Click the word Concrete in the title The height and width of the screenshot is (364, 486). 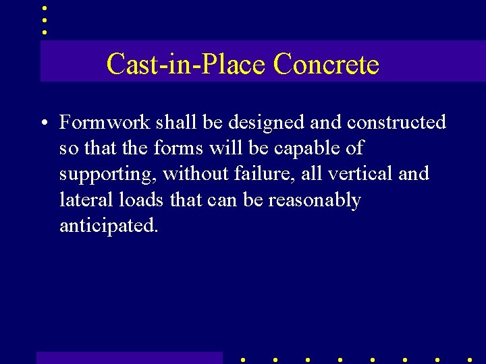pyautogui.click(x=326, y=65)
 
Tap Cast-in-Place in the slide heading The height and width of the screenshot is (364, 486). pyautogui.click(x=187, y=65)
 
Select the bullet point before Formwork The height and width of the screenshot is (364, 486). pyautogui.click(x=43, y=123)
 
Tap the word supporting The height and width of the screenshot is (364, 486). pyautogui.click(x=109, y=175)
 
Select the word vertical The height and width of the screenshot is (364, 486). pyautogui.click(x=361, y=173)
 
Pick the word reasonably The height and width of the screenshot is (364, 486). pyautogui.click(x=315, y=201)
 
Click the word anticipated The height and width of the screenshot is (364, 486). pyautogui.click(x=109, y=226)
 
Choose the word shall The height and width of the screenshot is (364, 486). pyautogui.click(x=174, y=122)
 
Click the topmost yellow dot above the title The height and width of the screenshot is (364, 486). pyautogui.click(x=44, y=8)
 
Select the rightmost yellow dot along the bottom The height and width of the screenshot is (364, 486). pyautogui.click(x=470, y=360)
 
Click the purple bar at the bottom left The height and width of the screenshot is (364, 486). pyautogui.click(x=129, y=358)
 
